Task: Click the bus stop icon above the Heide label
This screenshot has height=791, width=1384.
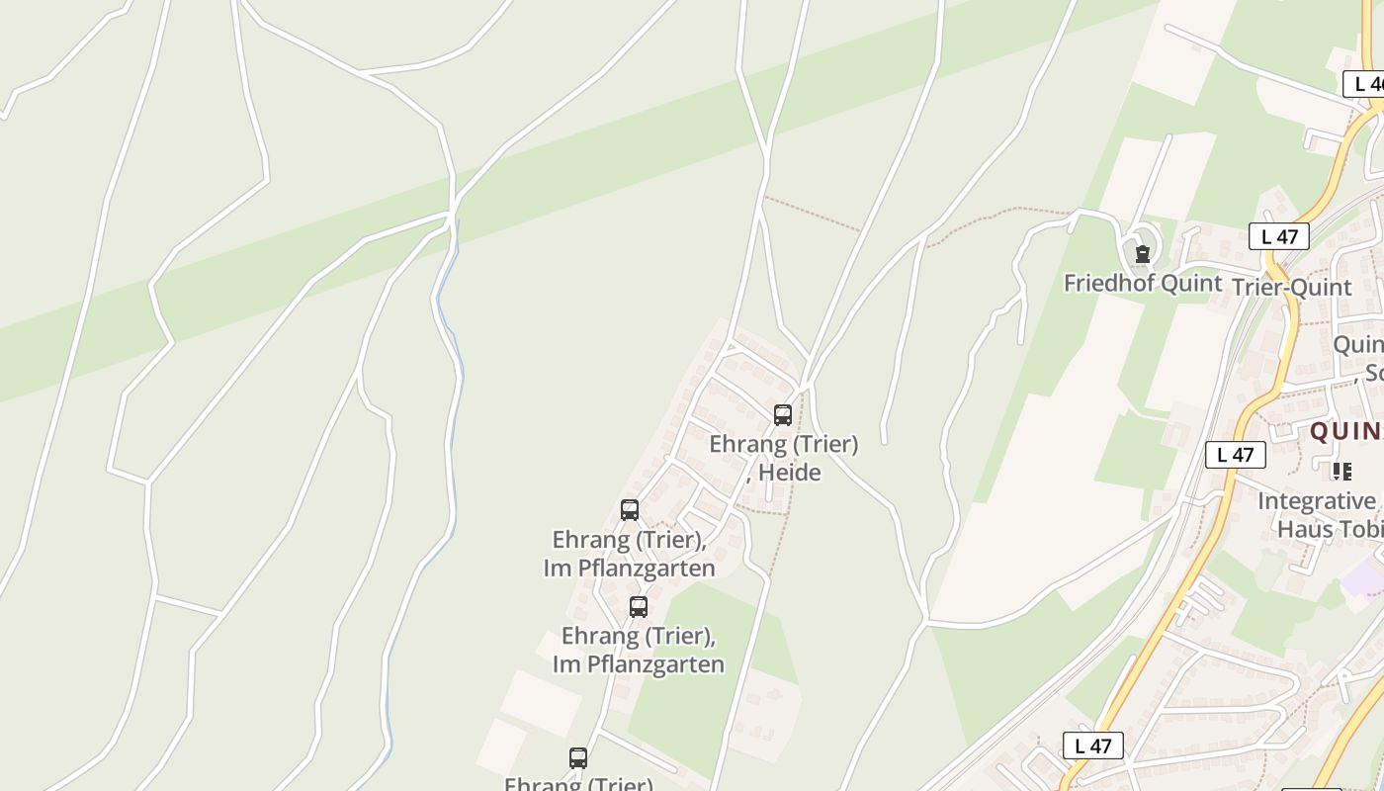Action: click(x=783, y=414)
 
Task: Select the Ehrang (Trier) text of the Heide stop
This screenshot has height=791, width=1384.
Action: click(x=783, y=444)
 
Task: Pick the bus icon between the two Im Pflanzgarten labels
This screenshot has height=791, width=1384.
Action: click(x=639, y=606)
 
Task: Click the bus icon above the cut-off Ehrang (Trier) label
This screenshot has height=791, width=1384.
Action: click(x=578, y=758)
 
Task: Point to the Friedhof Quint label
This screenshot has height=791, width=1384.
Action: click(x=1142, y=283)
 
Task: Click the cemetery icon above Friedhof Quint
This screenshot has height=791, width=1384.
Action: click(x=1143, y=254)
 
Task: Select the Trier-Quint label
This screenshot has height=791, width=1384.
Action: click(x=1292, y=287)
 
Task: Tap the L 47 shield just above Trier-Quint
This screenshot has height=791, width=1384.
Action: click(x=1279, y=236)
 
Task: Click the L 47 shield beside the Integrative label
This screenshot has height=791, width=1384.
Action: click(x=1236, y=455)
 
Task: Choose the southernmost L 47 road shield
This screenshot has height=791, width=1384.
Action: click(x=1093, y=746)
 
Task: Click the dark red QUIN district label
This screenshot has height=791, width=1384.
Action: click(x=1344, y=431)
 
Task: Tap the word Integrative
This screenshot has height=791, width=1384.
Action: click(x=1317, y=501)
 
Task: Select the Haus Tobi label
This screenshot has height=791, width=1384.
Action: click(x=1330, y=529)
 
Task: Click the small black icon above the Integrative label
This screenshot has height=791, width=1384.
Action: click(x=1341, y=471)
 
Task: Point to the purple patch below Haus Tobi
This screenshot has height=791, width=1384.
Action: click(x=1364, y=575)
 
